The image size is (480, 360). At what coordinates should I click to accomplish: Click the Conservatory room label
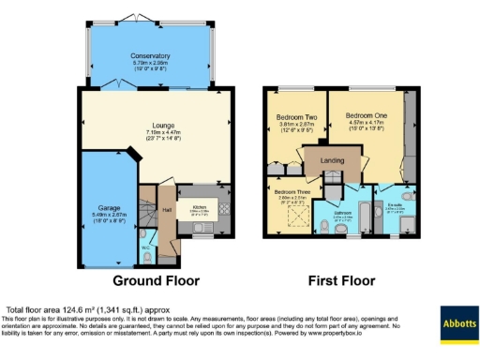point(150,56)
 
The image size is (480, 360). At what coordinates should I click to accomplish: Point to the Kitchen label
point(199,206)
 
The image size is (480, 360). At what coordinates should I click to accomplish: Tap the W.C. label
point(146,248)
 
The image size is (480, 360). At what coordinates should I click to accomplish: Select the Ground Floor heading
point(157,280)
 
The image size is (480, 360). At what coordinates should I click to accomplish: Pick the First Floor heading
point(342,280)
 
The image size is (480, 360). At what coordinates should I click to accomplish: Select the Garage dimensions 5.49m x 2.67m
point(109,215)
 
